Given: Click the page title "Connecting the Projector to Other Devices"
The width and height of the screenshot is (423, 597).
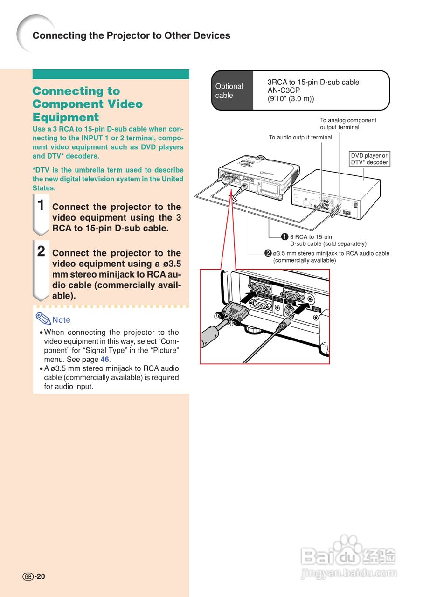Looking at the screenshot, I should [x=131, y=35].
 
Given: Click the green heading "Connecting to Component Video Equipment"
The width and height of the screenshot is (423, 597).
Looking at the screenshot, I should [x=87, y=104].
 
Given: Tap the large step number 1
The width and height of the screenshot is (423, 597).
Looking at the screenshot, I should [x=41, y=205].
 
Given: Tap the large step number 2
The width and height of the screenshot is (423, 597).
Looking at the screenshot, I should [x=41, y=251].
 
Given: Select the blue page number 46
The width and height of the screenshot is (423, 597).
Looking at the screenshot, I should [x=105, y=360].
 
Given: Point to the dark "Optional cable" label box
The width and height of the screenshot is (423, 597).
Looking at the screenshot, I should [x=232, y=90].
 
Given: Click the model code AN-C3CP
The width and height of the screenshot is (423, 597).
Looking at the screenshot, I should [x=284, y=90].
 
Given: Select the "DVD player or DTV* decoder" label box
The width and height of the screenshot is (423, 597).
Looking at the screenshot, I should [x=369, y=159].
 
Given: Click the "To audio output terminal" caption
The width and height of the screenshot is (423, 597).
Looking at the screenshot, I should [x=300, y=137].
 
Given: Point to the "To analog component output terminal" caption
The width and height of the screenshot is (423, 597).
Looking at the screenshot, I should [x=348, y=124].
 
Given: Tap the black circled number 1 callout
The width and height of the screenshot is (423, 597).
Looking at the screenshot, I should [x=284, y=237].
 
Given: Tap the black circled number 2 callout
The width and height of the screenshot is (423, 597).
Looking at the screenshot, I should [x=268, y=253].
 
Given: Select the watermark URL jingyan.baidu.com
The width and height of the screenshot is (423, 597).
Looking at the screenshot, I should [x=349, y=573].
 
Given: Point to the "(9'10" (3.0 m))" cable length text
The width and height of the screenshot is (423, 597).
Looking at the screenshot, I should [x=291, y=99].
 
